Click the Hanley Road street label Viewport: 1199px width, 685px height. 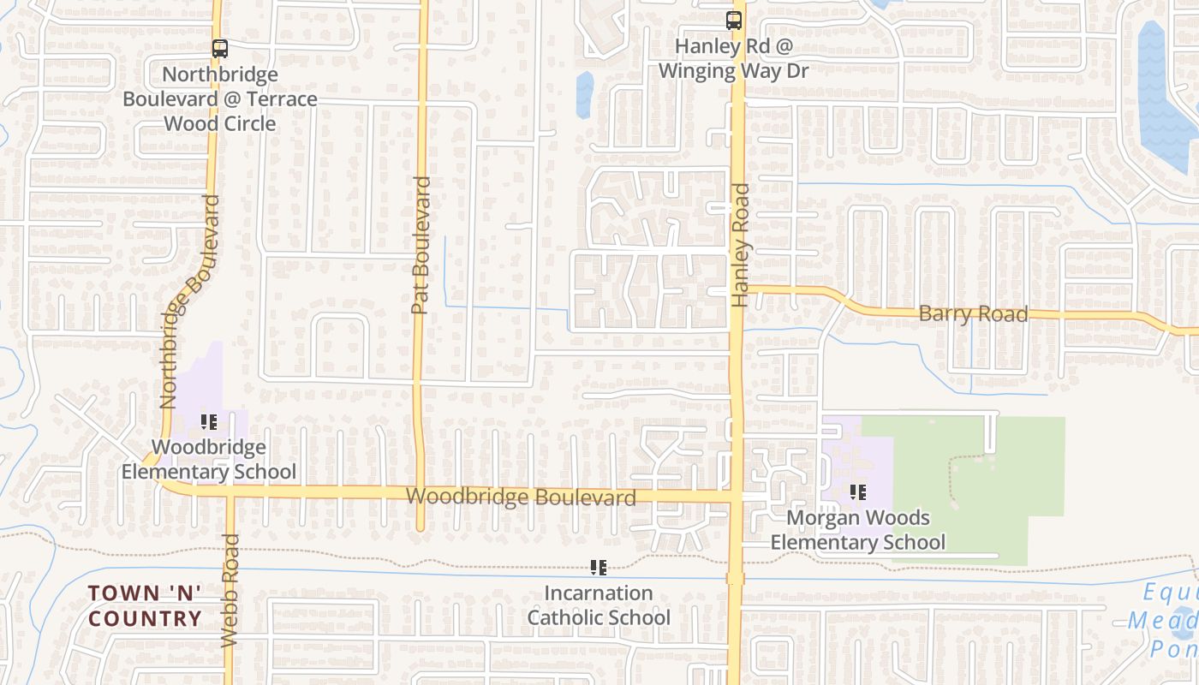pos(740,246)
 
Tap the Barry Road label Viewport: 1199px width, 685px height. pos(973,314)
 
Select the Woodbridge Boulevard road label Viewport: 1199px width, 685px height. pos(521,497)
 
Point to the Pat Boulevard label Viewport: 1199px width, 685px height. pos(420,246)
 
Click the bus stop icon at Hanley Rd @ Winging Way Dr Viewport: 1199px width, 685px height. pos(733,21)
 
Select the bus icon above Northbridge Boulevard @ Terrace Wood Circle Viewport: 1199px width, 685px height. pos(220,49)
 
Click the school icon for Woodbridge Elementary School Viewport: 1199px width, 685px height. pos(209,421)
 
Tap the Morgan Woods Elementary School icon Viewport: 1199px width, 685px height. pos(857,492)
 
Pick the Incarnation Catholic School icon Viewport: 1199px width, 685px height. pos(599,567)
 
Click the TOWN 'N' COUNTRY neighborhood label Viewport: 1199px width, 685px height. pos(145,605)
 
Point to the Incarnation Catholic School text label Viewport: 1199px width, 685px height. pos(599,605)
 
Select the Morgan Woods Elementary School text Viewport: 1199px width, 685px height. pos(857,530)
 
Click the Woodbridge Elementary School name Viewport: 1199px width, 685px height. pos(209,459)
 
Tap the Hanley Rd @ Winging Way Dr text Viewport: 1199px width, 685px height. pos(733,58)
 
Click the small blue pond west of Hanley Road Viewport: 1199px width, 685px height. pos(585,94)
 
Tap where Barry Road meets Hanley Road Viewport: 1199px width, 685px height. pos(737,289)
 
